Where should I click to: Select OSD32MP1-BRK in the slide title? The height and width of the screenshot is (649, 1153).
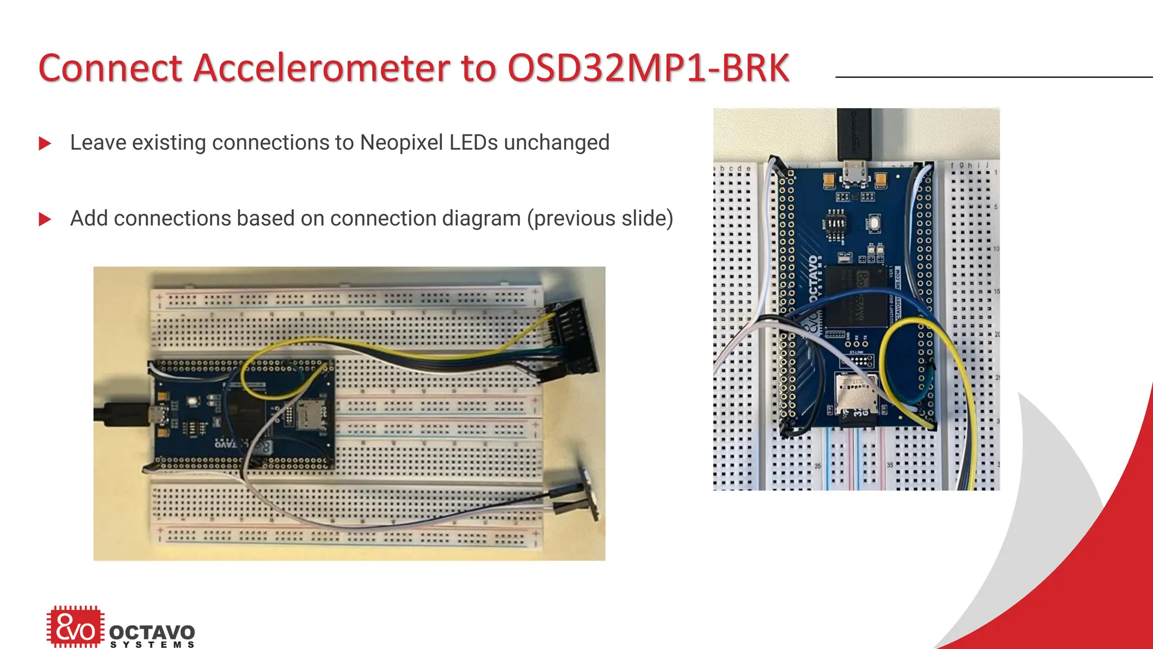pyautogui.click(x=648, y=69)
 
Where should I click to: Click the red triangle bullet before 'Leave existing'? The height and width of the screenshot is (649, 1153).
pyautogui.click(x=45, y=144)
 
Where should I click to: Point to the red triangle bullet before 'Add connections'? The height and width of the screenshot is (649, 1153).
pyautogui.click(x=45, y=219)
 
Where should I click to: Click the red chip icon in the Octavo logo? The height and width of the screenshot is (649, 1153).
pyautogui.click(x=75, y=626)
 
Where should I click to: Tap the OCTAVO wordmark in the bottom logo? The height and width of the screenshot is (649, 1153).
pyautogui.click(x=152, y=633)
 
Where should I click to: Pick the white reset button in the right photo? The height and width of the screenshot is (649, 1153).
pyautogui.click(x=874, y=223)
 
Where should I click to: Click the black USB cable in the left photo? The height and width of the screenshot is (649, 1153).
pyautogui.click(x=118, y=415)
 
